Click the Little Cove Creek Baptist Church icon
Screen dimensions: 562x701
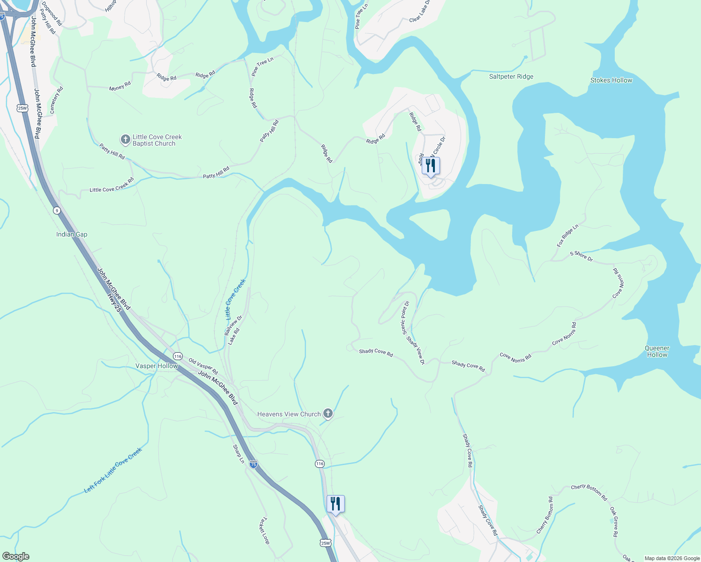click(125, 139)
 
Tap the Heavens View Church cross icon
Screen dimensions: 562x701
click(328, 413)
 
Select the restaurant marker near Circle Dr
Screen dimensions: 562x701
click(430, 166)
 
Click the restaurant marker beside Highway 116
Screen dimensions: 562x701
click(336, 504)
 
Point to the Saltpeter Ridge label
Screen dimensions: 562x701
click(511, 76)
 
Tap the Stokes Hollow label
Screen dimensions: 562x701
click(611, 80)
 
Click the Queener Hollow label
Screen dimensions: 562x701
click(657, 351)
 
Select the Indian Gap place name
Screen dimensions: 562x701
click(72, 234)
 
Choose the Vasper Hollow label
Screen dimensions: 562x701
click(157, 366)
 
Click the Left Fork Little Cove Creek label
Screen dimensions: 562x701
click(113, 470)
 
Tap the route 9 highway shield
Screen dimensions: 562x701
click(57, 210)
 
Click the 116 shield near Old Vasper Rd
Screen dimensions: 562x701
click(178, 356)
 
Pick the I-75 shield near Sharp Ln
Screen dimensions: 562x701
click(253, 464)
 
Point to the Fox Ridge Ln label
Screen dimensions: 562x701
click(567, 236)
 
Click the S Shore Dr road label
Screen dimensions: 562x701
click(581, 256)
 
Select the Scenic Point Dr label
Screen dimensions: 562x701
click(405, 317)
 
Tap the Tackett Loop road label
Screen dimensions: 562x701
click(265, 530)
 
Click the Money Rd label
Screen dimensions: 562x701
click(120, 86)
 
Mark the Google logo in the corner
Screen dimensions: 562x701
click(15, 556)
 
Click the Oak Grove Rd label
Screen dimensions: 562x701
click(614, 521)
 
